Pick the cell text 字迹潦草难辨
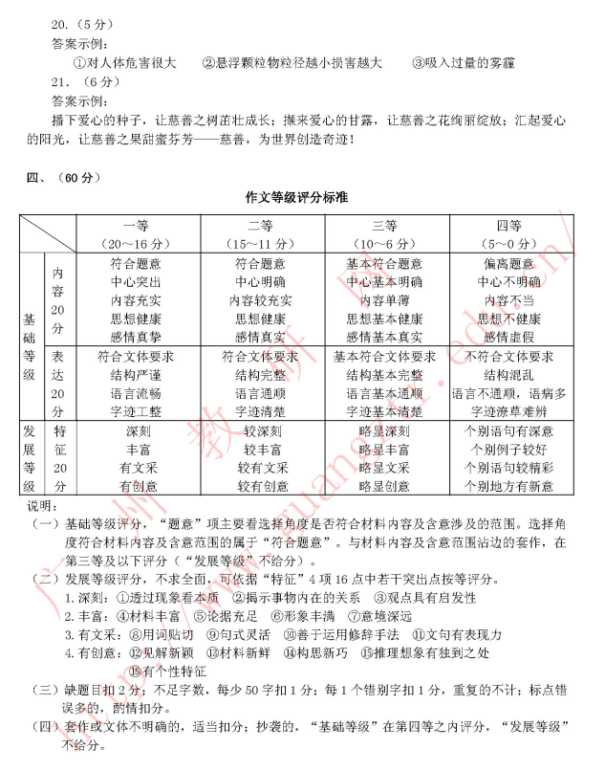(514, 411)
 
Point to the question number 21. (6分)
(76, 81)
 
